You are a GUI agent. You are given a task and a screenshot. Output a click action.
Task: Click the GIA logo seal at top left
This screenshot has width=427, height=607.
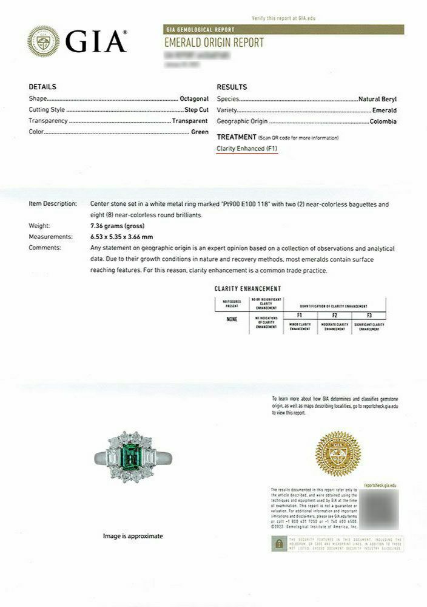[x=44, y=42]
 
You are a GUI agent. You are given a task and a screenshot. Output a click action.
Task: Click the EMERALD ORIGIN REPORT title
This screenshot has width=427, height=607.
[x=214, y=42]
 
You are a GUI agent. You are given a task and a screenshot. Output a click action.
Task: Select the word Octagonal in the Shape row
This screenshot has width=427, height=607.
[x=194, y=98]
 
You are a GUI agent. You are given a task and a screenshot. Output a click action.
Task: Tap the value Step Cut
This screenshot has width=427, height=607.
[x=197, y=110]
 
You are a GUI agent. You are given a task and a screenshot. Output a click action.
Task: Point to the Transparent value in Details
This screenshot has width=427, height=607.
[x=190, y=121]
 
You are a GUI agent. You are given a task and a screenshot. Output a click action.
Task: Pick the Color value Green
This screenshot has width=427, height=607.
[x=200, y=132]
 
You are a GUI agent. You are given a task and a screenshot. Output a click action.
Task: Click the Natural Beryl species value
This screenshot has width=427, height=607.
[x=377, y=98]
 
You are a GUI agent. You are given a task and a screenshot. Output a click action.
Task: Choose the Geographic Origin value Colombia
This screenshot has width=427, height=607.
[x=383, y=121]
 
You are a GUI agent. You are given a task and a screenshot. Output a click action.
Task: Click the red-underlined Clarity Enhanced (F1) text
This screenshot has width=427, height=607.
[x=247, y=149]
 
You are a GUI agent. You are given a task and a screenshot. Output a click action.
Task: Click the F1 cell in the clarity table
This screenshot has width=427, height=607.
[x=300, y=316]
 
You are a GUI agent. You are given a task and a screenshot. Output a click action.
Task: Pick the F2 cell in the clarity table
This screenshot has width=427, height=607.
[x=334, y=316]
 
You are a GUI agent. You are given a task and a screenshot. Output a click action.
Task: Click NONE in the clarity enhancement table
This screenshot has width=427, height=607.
[x=232, y=319]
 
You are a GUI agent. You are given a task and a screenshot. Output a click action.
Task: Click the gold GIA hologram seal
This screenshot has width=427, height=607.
[x=338, y=453]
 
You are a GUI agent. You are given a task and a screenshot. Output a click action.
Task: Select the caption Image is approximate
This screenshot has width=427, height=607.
[x=133, y=536]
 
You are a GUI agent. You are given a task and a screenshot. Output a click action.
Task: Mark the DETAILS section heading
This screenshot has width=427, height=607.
[x=42, y=87]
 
